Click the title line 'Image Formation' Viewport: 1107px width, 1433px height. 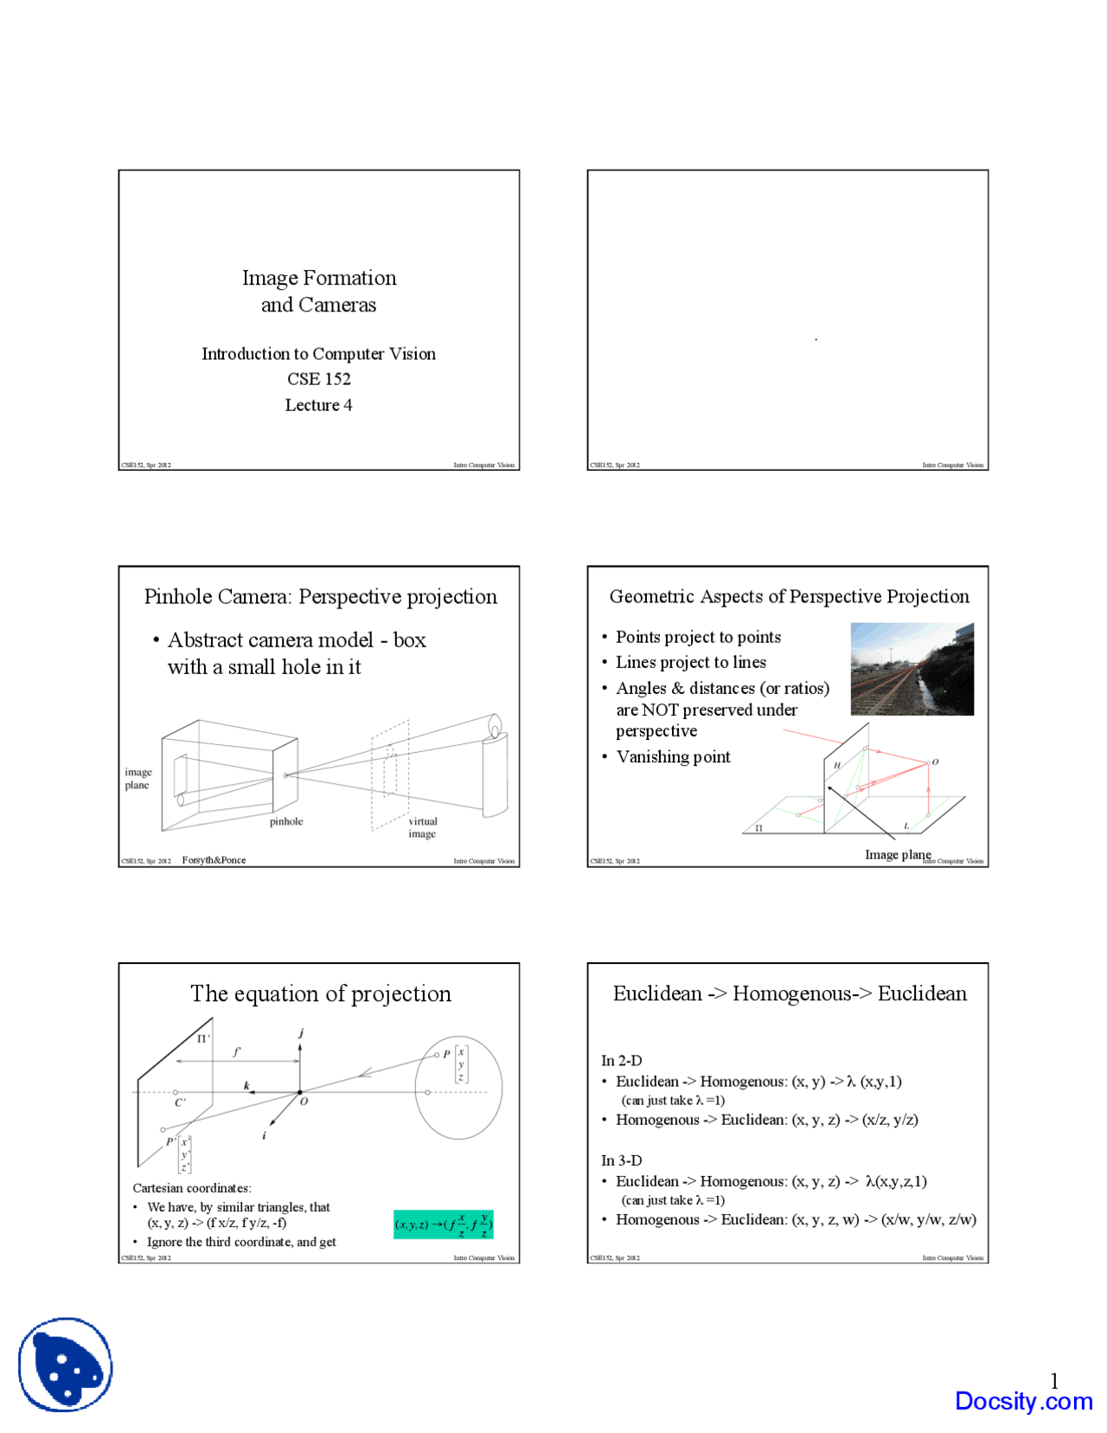318,278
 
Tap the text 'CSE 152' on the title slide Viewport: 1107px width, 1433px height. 318,379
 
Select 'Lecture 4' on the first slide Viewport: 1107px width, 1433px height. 318,405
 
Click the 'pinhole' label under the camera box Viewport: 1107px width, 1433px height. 285,821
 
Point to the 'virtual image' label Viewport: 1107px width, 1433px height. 422,827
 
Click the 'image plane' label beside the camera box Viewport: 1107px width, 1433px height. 138,778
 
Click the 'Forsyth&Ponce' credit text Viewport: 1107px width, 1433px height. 214,860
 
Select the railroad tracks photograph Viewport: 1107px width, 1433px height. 912,668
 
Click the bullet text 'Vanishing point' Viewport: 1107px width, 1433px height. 673,757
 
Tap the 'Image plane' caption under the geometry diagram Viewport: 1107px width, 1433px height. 897,854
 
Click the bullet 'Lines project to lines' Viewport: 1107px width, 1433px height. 690,662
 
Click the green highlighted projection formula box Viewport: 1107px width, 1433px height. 443,1224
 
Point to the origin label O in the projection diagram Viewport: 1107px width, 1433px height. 304,1102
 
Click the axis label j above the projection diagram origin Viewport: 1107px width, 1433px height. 301,1032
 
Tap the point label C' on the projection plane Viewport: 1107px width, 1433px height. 180,1102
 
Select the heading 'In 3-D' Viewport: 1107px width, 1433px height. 621,1160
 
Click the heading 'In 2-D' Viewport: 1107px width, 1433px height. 621,1060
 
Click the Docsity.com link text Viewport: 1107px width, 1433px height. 1023,1401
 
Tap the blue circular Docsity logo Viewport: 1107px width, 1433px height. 66,1364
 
